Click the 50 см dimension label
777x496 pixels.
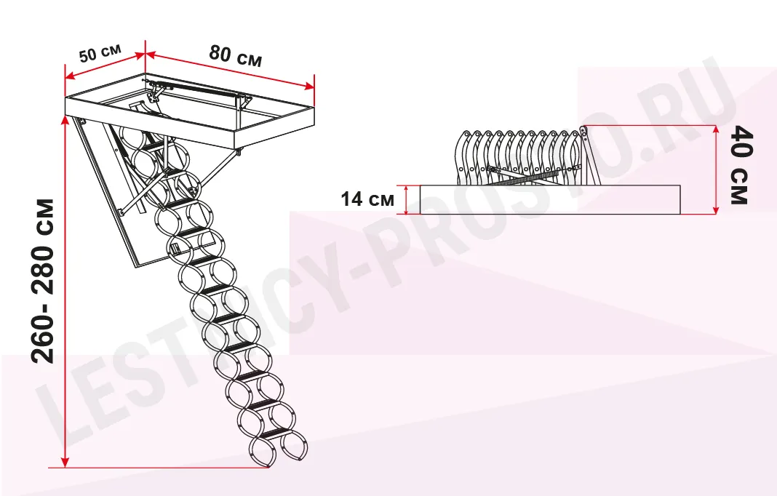(100, 53)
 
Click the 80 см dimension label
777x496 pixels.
(236, 55)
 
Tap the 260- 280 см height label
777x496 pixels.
(43, 281)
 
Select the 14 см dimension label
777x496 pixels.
(367, 199)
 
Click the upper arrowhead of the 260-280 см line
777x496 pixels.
(65, 121)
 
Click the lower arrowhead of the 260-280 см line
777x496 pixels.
(65, 462)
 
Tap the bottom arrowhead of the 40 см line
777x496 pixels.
(716, 209)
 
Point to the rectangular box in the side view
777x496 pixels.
(550, 200)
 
